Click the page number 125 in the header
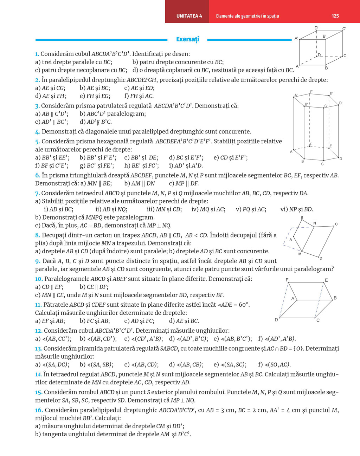pos(335,16)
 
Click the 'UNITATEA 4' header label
pos(189,16)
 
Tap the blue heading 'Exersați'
pos(187,39)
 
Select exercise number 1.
pos(37,54)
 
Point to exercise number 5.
pos(37,142)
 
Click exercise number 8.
pos(37,235)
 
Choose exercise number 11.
pos(38,305)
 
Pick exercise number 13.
pos(38,349)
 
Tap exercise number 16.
pos(39,410)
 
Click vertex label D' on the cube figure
pos(316,28)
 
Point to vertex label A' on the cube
pos(296,38)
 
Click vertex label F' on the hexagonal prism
pos(311,92)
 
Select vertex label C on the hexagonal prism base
pos(322,164)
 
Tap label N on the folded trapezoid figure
pos(314,223)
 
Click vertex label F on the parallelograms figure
pos(287,280)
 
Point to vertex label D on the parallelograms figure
pos(276,320)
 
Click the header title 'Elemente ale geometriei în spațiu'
pos(247,16)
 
